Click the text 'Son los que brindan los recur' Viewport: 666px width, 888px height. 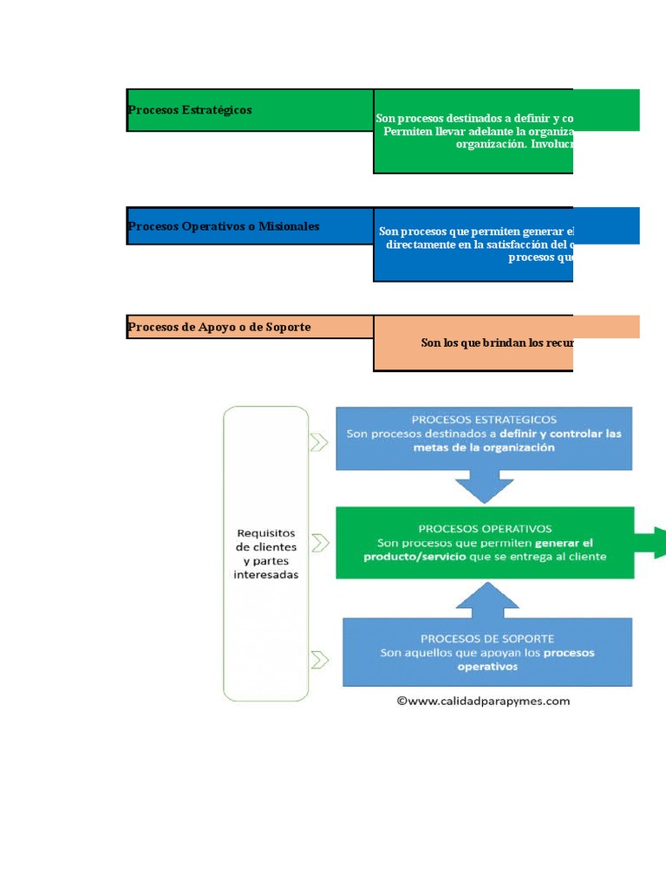click(x=496, y=343)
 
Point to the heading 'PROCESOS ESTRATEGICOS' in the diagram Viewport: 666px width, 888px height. click(x=484, y=419)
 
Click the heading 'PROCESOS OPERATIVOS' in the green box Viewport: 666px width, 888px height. click(x=485, y=528)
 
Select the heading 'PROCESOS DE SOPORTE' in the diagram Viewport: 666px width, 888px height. click(x=487, y=638)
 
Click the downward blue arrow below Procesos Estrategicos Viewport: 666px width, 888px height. click(x=484, y=486)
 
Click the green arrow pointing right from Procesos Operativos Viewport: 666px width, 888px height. click(x=651, y=543)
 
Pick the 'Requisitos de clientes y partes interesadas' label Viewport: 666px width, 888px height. click(x=266, y=553)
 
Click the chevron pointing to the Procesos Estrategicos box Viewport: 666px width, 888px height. click(x=319, y=443)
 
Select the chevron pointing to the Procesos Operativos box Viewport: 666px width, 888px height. click(x=319, y=543)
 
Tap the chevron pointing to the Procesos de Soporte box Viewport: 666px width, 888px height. click(x=319, y=660)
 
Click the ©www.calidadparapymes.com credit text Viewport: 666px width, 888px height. click(x=484, y=701)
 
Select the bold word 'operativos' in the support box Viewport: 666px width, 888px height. click(x=487, y=667)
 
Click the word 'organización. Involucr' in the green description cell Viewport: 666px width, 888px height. click(x=513, y=144)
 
